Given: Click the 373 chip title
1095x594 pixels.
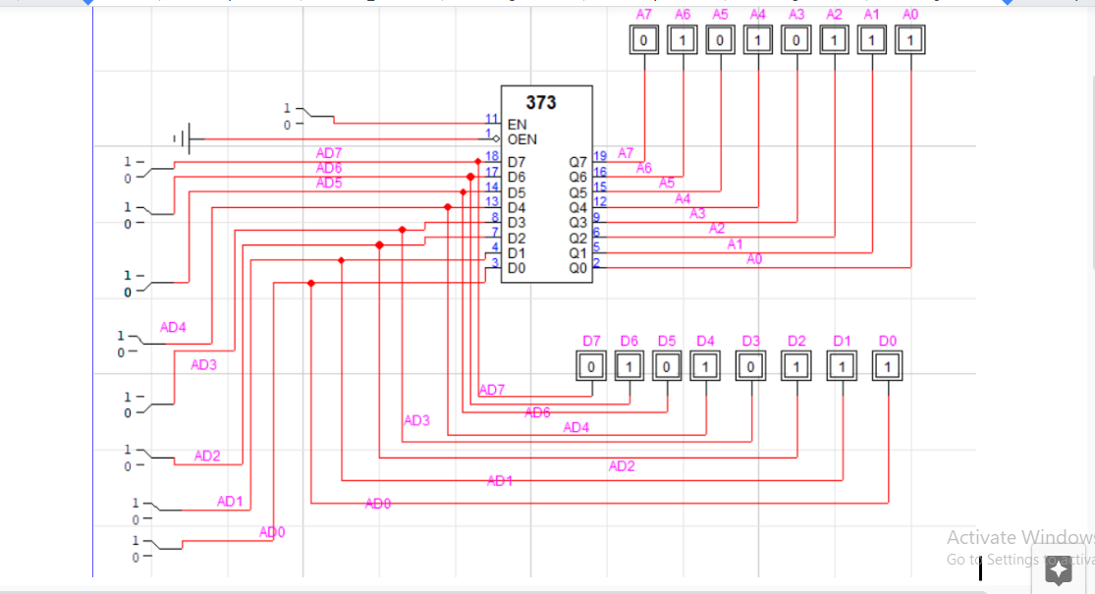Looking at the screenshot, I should (x=540, y=103).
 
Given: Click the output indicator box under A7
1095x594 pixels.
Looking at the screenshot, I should (x=644, y=41).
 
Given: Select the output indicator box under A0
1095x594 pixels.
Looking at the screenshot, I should (x=910, y=41).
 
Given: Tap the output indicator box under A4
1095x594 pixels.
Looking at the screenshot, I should (x=757, y=41).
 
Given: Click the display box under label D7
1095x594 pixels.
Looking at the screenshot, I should (x=591, y=367).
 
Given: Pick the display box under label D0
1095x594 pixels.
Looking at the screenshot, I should (x=887, y=367).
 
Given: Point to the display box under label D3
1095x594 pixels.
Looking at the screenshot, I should (x=751, y=367).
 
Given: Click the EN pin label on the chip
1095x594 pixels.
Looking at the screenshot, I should (x=517, y=125).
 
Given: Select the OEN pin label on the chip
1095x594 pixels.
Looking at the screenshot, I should (x=521, y=139).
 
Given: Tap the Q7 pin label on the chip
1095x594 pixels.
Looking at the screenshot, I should (x=578, y=162).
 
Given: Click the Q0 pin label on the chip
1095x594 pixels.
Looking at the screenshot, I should (x=578, y=267).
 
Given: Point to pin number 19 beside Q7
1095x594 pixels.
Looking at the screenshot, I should (x=600, y=155).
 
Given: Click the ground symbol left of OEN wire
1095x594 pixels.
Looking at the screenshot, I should (x=182, y=139).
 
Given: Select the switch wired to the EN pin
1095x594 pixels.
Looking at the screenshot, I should (x=295, y=116).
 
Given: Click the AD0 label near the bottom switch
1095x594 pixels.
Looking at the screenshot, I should (x=272, y=532).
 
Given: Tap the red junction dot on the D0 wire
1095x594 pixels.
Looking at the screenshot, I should (x=311, y=283).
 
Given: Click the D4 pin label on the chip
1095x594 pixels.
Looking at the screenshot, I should (x=517, y=207).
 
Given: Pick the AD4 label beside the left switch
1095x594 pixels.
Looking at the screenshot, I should (x=173, y=328).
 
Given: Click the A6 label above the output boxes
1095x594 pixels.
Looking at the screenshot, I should (x=683, y=14).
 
